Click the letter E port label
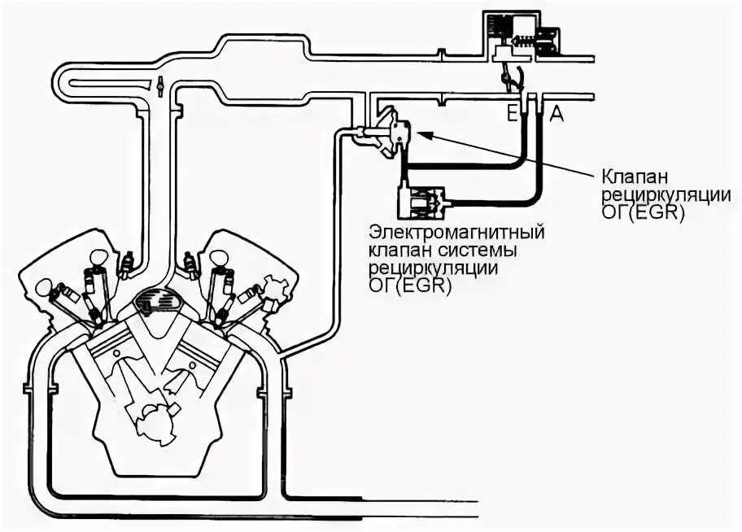pos(513,115)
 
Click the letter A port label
pos(556,115)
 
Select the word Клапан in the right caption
pos(630,177)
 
